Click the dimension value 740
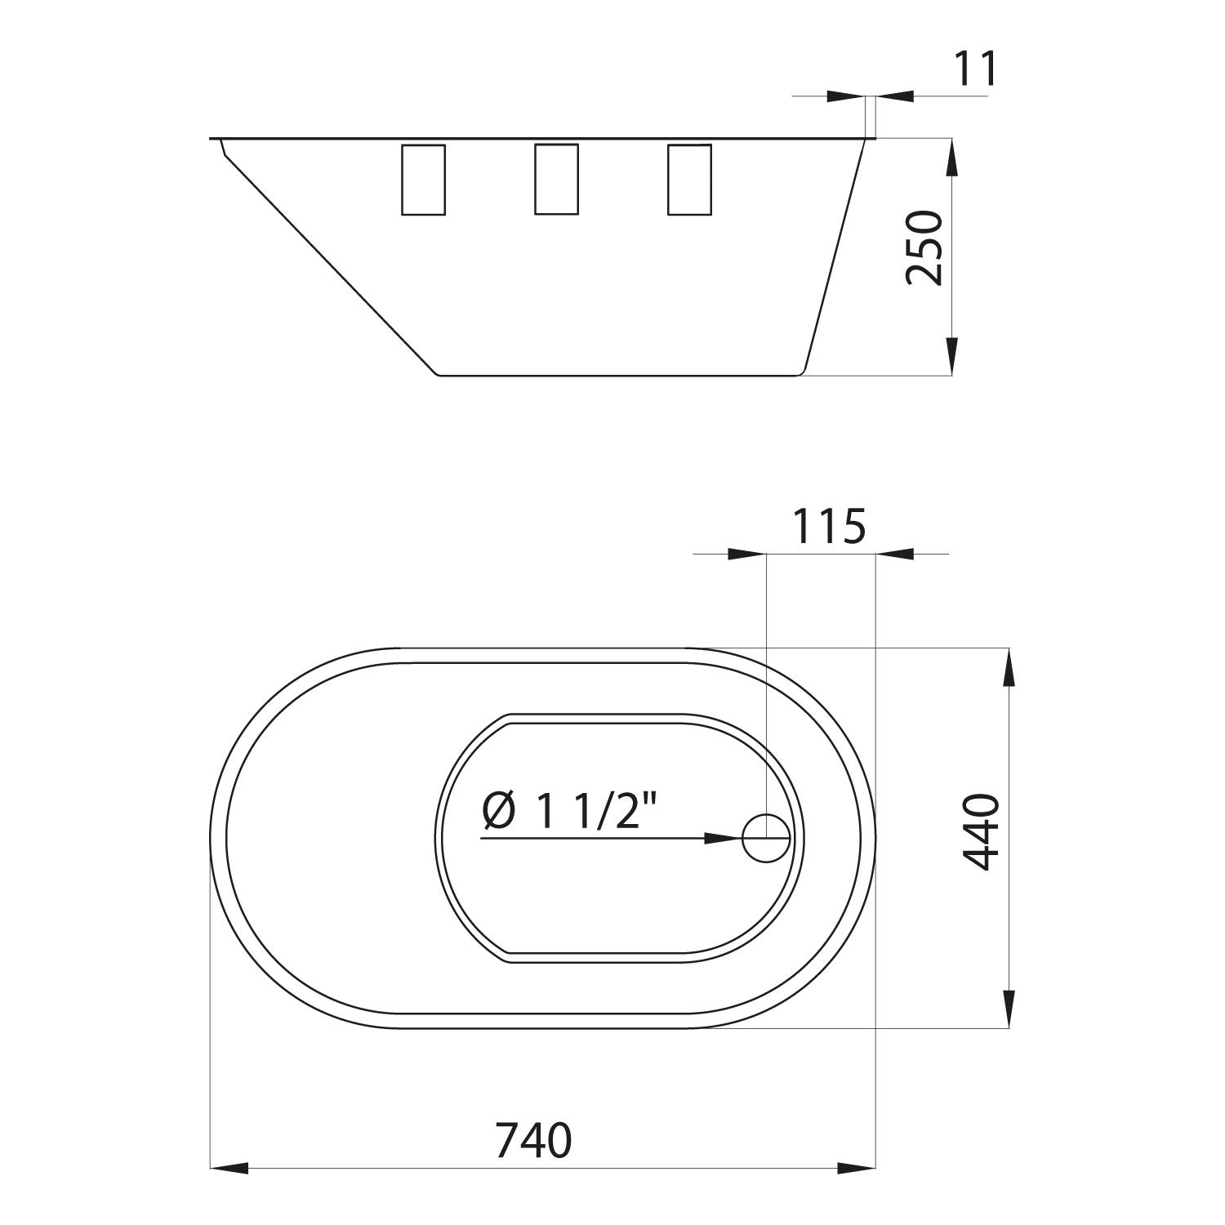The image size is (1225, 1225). coord(534,1140)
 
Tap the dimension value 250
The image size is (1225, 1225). coord(924,247)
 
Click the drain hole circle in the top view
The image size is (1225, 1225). coord(766,838)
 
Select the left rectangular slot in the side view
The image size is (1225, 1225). coord(424,180)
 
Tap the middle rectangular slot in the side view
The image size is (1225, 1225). coord(557,179)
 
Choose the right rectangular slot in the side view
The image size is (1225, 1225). coord(689,180)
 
